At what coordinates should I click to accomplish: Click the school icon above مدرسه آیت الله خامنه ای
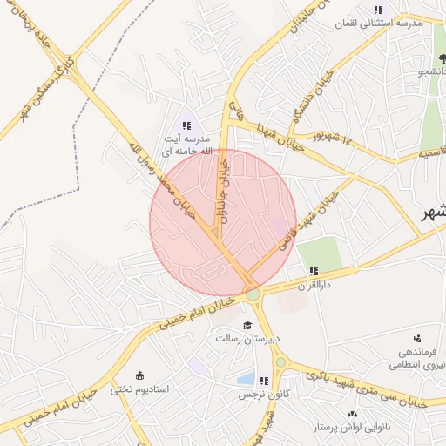coord(187,126)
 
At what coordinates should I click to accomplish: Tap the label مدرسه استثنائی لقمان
coord(384,24)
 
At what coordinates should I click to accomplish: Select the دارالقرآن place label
coord(316,285)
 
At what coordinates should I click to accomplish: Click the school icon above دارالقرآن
coord(313,271)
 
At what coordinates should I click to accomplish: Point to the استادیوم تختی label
coord(145,389)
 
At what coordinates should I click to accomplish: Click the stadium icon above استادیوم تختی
coord(141,375)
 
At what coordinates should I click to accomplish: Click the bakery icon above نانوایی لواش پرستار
coord(352,415)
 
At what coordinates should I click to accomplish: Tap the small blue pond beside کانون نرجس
coord(246,379)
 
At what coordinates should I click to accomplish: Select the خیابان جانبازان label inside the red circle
coord(221,193)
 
